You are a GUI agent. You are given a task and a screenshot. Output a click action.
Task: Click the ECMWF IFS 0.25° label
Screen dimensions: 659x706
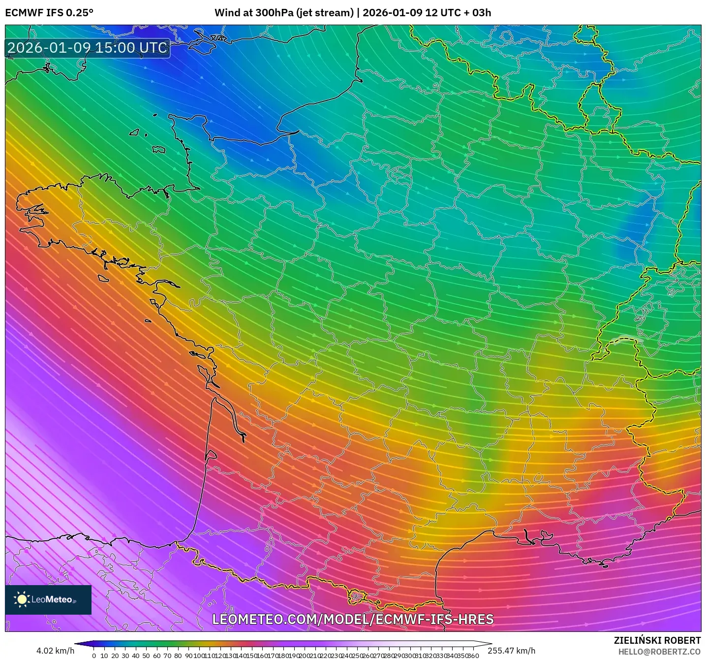[49, 13]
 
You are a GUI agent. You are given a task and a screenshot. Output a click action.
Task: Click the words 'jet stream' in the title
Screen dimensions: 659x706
[325, 13]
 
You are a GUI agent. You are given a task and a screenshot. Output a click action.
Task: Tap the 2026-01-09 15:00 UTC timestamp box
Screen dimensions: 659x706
[88, 48]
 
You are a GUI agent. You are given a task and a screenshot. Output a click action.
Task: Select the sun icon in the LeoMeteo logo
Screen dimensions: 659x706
[22, 599]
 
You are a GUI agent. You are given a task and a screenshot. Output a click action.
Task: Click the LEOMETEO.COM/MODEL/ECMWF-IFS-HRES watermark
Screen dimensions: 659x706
[353, 619]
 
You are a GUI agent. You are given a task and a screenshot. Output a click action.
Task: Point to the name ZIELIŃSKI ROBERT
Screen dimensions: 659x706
[657, 640]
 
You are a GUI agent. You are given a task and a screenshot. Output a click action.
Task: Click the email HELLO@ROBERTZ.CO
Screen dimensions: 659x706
[659, 652]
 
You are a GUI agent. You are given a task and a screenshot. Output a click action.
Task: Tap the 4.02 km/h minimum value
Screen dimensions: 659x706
[55, 651]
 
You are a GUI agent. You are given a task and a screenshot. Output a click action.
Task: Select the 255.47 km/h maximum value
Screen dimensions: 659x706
[512, 651]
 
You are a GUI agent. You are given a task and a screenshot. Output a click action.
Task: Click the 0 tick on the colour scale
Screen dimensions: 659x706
[94, 656]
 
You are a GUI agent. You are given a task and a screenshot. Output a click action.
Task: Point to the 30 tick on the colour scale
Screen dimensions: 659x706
[125, 656]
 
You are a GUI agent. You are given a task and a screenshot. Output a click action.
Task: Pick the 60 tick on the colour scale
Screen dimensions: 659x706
[157, 656]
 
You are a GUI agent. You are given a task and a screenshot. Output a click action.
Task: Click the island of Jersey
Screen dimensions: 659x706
[158, 149]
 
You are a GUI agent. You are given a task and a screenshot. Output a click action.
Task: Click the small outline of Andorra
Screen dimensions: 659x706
[355, 597]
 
